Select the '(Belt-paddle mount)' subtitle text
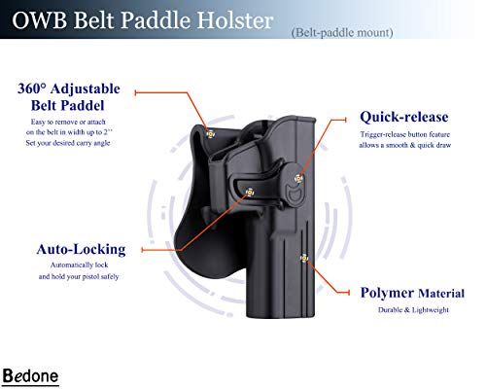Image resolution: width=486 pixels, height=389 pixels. pyautogui.click(x=341, y=33)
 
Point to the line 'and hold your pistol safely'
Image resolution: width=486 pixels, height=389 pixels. pyautogui.click(x=82, y=277)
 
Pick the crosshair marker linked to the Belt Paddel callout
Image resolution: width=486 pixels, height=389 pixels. pyautogui.click(x=211, y=134)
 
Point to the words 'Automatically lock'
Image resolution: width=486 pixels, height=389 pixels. pyautogui.click(x=82, y=265)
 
